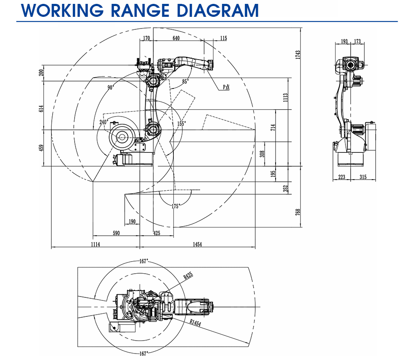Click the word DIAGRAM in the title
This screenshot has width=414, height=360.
point(217,10)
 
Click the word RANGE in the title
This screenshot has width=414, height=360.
point(140,10)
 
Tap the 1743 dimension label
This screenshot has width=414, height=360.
point(298,55)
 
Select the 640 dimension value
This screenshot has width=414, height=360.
point(176,38)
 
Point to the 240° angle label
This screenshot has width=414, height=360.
point(103,122)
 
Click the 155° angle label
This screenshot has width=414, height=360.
point(181,124)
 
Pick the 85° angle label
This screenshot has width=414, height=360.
point(185,82)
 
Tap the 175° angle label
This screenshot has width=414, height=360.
point(176,206)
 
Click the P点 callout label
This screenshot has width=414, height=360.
point(226,87)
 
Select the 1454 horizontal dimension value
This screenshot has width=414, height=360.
point(197,244)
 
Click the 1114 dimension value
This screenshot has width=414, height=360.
point(95,244)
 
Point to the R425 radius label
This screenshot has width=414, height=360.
point(188,276)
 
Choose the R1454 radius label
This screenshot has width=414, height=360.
point(195,323)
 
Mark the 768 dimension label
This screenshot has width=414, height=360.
point(298,212)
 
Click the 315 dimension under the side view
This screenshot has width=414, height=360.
point(363,177)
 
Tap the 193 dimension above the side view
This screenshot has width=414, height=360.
point(344,41)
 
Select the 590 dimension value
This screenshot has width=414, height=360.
point(116,233)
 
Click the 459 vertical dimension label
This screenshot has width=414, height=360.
point(41,148)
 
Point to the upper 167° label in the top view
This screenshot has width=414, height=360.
point(144,262)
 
